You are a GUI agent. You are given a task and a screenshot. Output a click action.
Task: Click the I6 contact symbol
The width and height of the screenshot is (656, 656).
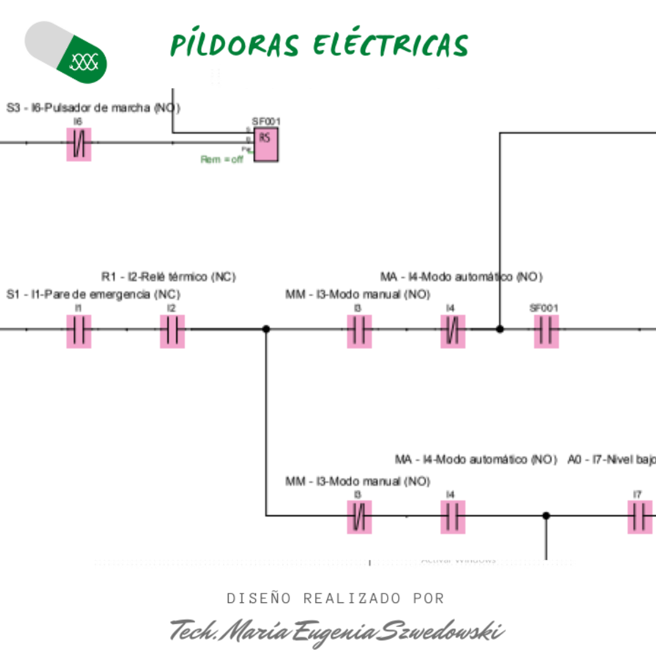(x=79, y=144)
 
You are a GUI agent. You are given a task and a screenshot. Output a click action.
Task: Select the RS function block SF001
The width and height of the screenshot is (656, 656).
(x=266, y=145)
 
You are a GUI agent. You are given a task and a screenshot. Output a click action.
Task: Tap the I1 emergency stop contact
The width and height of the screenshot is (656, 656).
(x=79, y=331)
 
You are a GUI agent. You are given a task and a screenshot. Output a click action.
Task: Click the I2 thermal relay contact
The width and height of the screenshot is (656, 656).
(x=172, y=331)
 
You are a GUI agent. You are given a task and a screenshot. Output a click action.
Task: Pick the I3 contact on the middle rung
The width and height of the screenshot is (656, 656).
(x=359, y=331)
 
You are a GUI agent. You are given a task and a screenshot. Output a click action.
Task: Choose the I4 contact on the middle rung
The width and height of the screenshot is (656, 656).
(x=453, y=331)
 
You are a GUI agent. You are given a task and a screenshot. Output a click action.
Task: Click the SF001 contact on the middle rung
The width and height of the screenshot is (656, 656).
(x=546, y=331)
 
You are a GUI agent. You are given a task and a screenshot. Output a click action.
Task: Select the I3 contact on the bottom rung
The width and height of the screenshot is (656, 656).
(x=359, y=517)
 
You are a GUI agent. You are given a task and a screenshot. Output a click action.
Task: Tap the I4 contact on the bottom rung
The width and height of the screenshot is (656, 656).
(x=453, y=517)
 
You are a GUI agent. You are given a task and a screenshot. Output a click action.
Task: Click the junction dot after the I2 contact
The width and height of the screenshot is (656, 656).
(x=266, y=329)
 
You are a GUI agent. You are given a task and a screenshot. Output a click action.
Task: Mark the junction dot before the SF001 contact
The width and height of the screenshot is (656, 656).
(x=500, y=329)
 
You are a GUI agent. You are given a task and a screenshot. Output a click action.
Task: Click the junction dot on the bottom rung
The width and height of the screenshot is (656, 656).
(x=546, y=516)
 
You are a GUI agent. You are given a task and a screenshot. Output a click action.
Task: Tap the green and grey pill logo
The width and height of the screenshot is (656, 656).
(x=66, y=52)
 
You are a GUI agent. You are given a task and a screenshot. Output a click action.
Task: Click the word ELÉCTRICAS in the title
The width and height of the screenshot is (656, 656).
(x=391, y=45)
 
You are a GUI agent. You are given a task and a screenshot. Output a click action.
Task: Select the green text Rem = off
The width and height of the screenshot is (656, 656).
(x=221, y=160)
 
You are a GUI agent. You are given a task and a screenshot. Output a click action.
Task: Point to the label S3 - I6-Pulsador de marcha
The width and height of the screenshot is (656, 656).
(x=93, y=108)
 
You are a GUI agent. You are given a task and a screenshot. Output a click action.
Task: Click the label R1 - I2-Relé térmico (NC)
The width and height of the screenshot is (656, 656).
(x=168, y=277)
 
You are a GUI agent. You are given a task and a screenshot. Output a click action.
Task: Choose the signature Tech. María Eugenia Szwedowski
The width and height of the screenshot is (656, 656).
(x=336, y=631)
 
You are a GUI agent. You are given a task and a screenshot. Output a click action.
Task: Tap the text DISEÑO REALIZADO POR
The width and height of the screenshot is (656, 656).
(x=336, y=599)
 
